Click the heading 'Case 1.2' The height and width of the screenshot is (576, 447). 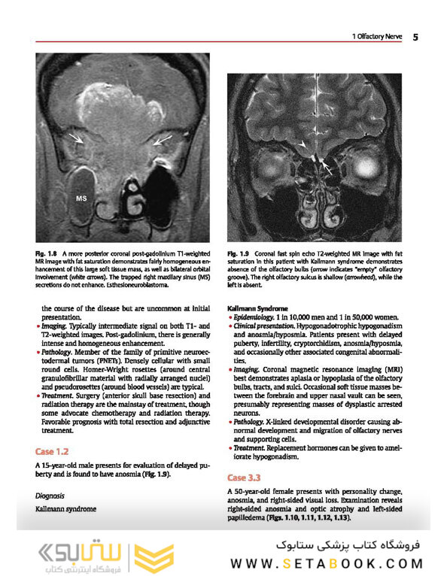pyautogui.click(x=52, y=452)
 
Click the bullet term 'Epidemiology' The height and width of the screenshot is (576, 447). pyautogui.click(x=253, y=318)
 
